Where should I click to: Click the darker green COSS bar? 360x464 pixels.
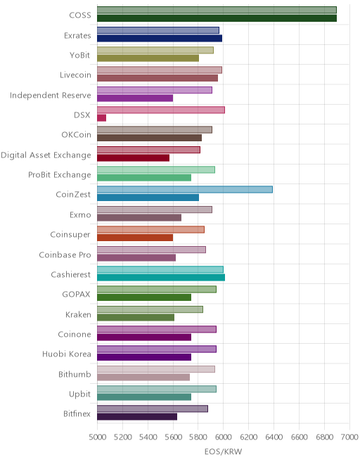coord(217,18)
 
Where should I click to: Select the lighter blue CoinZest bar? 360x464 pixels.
coord(185,189)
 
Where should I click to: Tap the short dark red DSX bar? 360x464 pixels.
coord(101,118)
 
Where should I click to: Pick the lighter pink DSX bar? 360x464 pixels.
coord(161,110)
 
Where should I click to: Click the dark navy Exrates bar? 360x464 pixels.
coord(160,38)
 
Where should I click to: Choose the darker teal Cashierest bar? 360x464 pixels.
coord(161,277)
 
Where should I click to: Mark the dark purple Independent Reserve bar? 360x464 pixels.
coord(135,98)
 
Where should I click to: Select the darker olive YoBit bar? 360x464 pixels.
coord(148,58)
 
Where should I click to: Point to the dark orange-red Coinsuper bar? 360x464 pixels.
coord(135,238)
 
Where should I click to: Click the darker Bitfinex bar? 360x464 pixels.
coord(137,417)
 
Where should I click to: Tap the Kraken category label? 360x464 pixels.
coord(78,314)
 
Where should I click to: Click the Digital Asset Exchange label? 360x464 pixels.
coord(46,155)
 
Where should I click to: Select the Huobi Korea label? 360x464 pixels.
coord(67,354)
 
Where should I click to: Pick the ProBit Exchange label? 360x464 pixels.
coord(60,175)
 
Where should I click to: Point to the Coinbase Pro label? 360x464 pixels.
coord(65,254)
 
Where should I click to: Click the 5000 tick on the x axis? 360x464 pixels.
coord(98,437)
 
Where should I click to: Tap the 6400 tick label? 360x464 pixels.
coord(274,437)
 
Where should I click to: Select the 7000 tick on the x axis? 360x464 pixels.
coord(349,437)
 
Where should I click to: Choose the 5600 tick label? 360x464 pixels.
coord(173,437)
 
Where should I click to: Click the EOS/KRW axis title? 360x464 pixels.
coord(223,451)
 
